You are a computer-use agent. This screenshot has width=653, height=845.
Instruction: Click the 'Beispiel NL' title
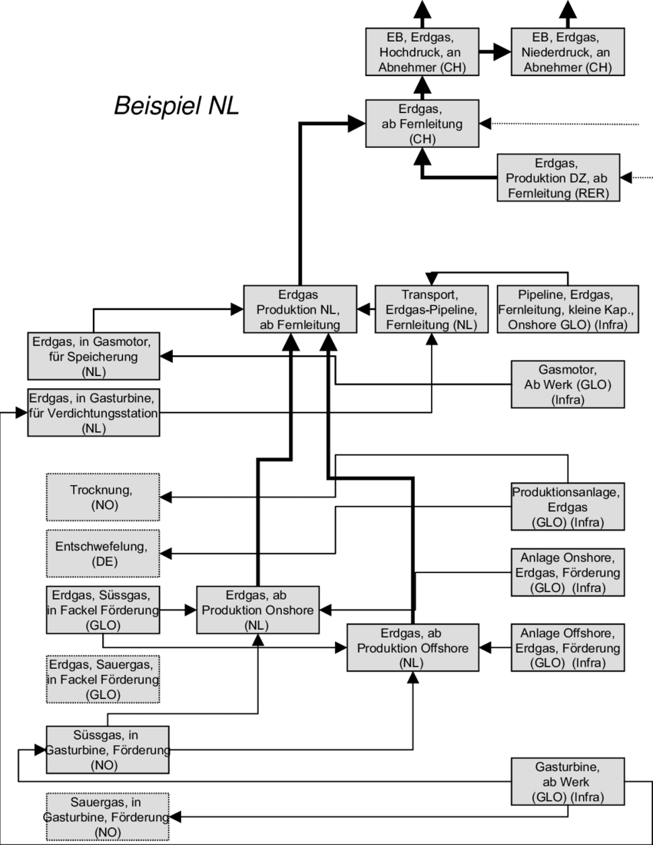click(x=177, y=105)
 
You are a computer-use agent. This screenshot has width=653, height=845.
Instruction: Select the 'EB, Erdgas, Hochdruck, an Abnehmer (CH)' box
click(x=422, y=52)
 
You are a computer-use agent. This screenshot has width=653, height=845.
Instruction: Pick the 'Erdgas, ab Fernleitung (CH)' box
click(x=422, y=124)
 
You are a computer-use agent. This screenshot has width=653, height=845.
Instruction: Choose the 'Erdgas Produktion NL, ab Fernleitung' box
click(x=300, y=310)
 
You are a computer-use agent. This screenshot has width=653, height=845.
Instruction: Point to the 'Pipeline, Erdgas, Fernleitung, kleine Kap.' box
click(x=567, y=310)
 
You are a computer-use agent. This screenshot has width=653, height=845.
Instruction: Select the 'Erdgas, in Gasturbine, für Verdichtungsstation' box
click(x=93, y=412)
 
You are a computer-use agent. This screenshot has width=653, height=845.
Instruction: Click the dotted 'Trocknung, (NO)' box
click(x=103, y=497)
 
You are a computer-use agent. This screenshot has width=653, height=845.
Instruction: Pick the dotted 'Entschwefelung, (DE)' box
click(x=103, y=554)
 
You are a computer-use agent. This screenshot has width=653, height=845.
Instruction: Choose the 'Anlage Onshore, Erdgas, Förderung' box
click(x=568, y=572)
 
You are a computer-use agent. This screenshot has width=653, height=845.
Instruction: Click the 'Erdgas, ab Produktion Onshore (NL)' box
click(x=258, y=610)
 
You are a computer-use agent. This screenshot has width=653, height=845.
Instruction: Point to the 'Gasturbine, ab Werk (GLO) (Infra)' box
click(x=568, y=782)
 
